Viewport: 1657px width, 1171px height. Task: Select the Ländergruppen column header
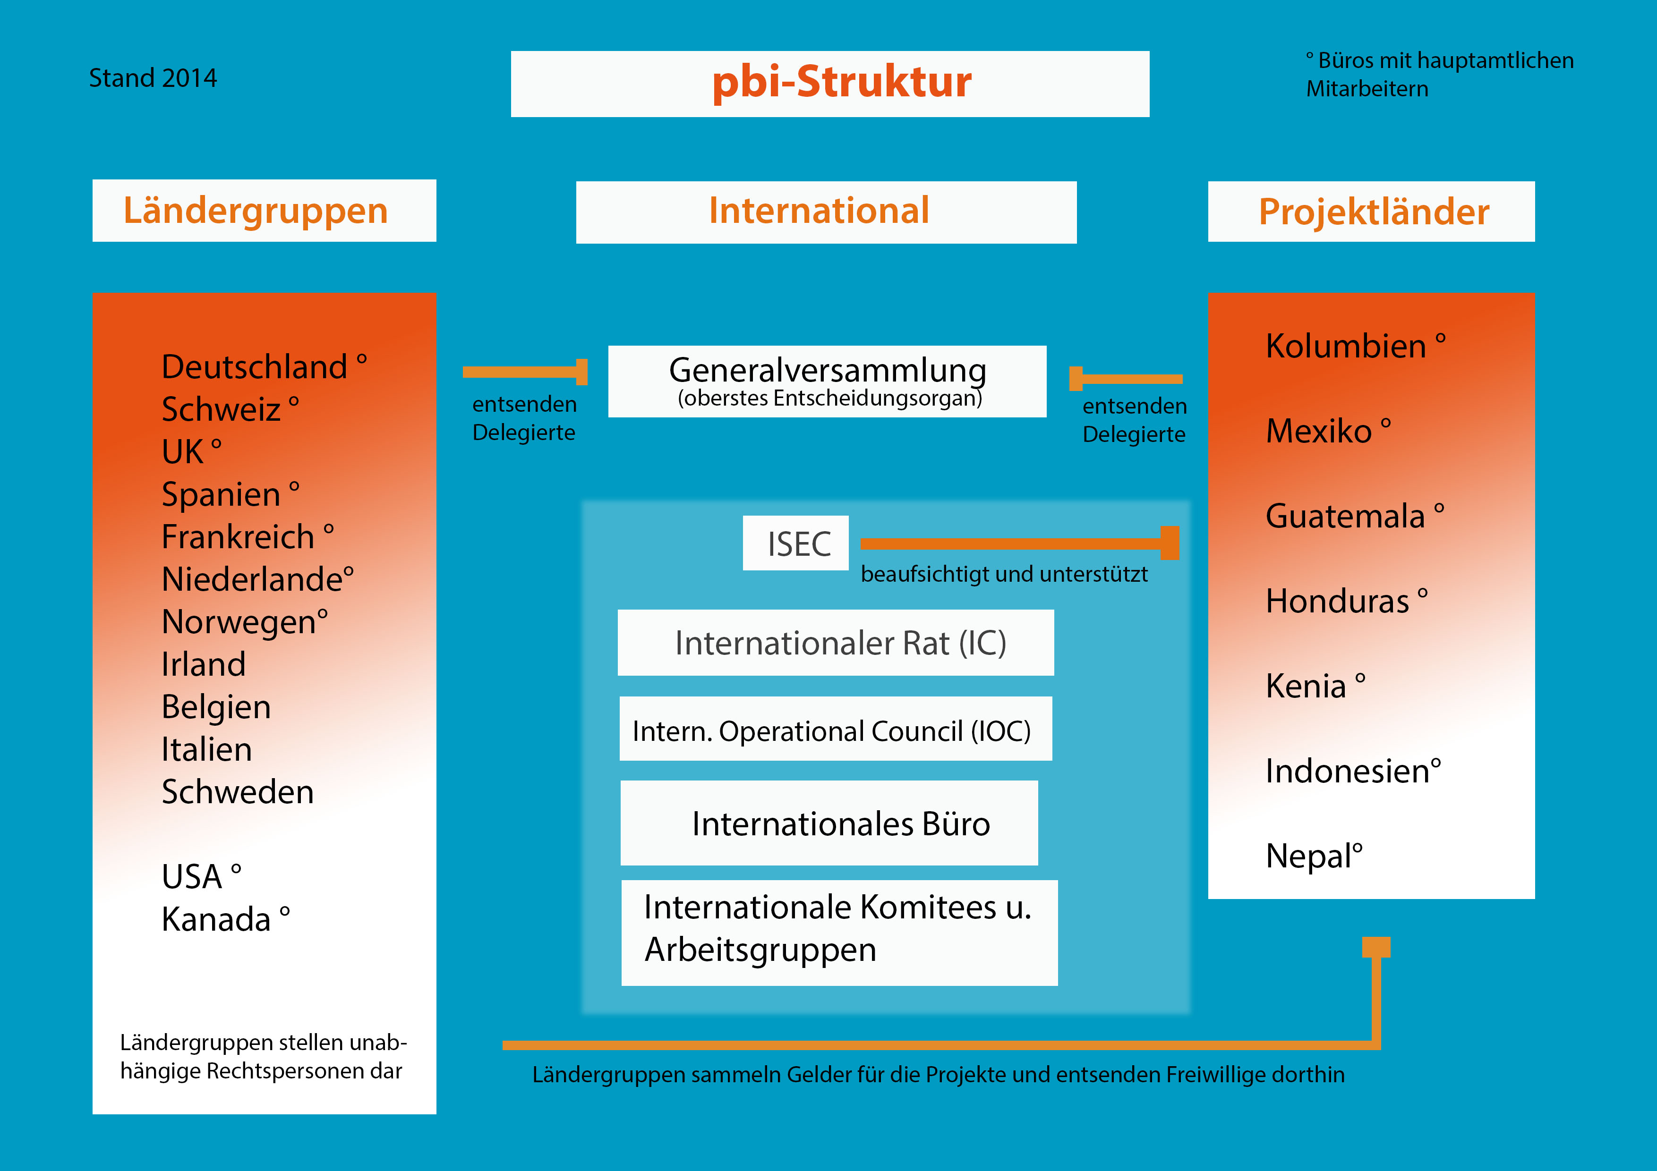[x=264, y=211]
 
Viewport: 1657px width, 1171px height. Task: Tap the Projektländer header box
[x=1371, y=212]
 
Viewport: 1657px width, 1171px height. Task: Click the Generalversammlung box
[x=827, y=381]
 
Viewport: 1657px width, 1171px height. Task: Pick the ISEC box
[x=796, y=543]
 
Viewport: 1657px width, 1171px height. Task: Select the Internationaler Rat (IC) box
[x=836, y=643]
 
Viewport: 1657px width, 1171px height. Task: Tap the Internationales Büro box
[x=829, y=823]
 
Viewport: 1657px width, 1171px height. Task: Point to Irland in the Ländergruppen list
[x=204, y=664]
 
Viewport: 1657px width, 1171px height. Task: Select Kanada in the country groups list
[x=216, y=920]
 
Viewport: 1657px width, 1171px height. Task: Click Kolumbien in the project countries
[x=1346, y=346]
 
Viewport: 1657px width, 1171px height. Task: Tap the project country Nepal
[x=1308, y=857]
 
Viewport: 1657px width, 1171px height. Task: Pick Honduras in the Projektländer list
[x=1337, y=602]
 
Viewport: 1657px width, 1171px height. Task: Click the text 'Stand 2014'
[x=153, y=78]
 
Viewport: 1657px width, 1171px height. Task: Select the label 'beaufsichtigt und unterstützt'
[x=1004, y=574]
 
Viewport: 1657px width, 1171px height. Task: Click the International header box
[x=826, y=212]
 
